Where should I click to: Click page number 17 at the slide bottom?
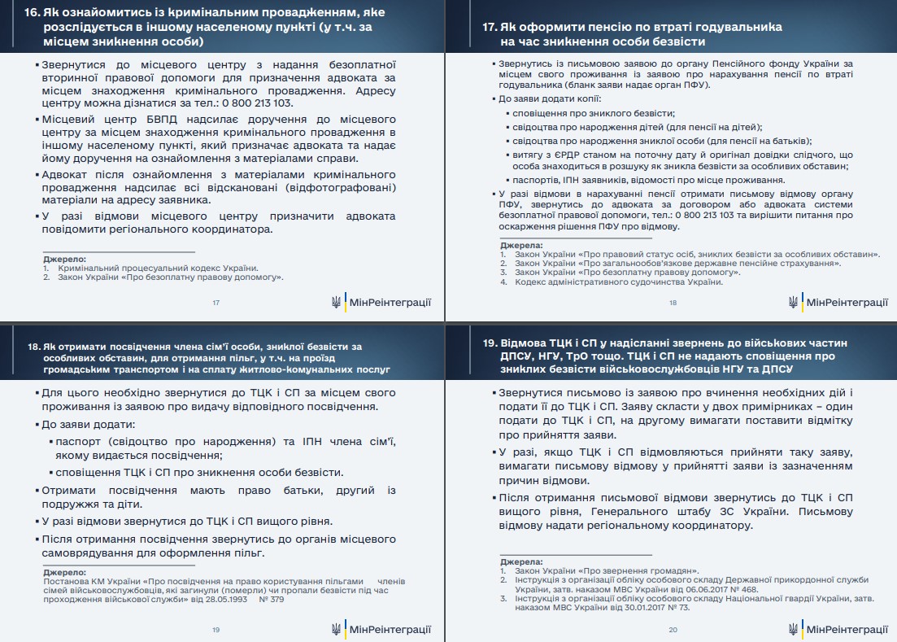(216, 303)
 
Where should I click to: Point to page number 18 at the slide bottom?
(673, 303)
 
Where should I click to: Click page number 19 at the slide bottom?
(216, 630)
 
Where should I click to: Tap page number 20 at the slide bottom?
(673, 630)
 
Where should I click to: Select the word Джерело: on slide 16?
(64, 259)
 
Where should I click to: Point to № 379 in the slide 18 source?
(271, 599)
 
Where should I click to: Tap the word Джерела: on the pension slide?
(521, 245)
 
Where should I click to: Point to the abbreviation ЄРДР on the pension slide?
(558, 154)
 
